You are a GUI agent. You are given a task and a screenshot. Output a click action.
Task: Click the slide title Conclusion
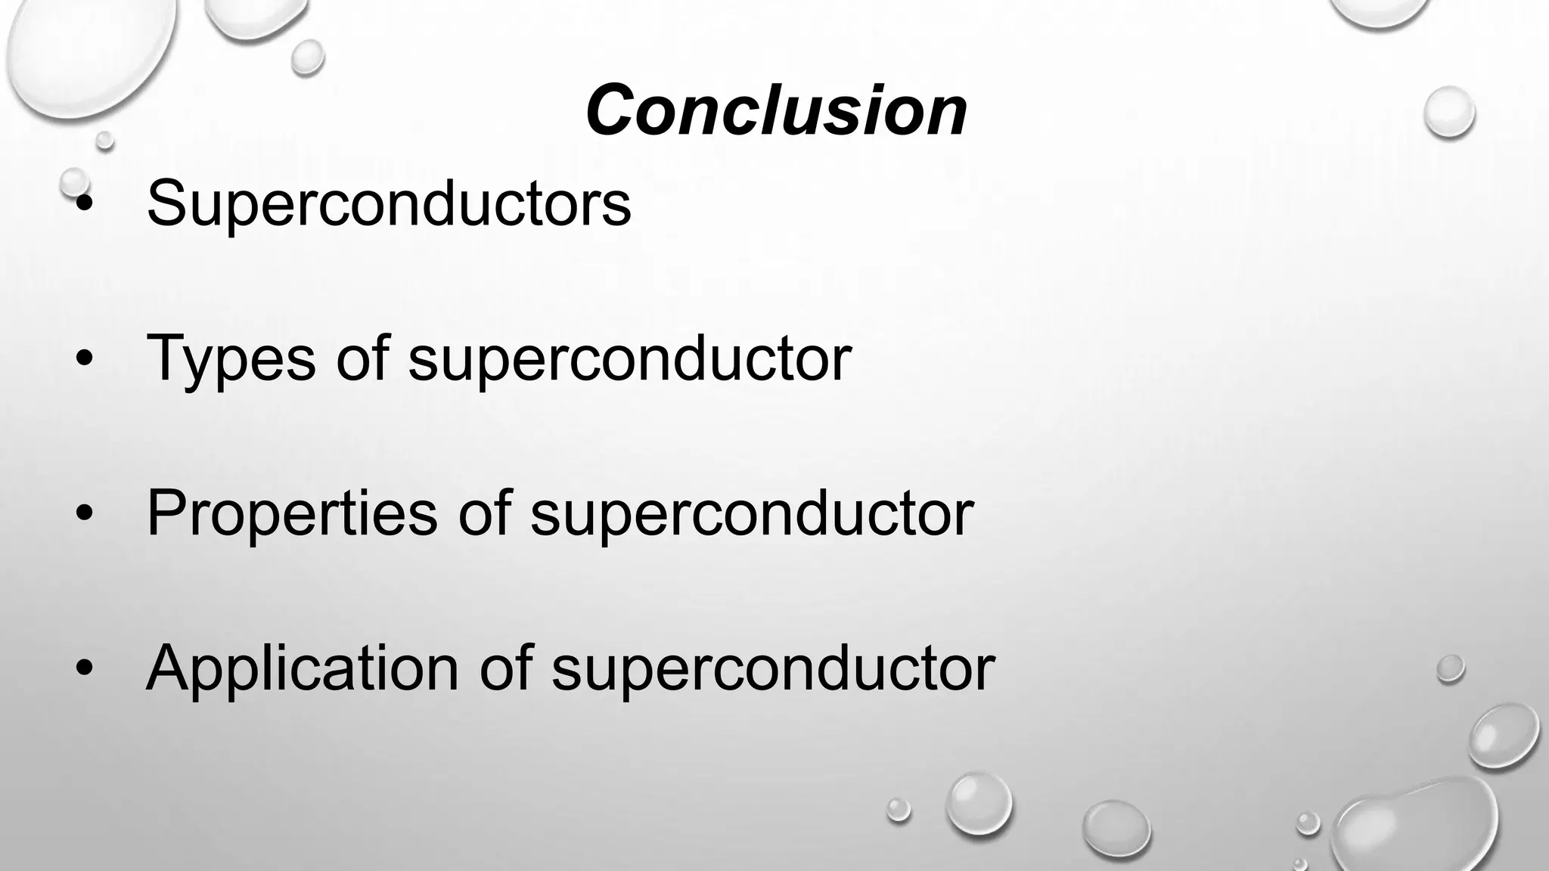click(776, 110)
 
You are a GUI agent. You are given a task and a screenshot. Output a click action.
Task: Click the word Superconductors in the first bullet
click(389, 203)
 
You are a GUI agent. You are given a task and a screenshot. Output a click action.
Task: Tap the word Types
click(231, 358)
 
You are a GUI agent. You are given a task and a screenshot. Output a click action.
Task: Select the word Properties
click(292, 514)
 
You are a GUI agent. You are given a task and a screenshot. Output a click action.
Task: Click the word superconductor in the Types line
click(629, 358)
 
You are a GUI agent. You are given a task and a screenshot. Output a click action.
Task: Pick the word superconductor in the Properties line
click(752, 514)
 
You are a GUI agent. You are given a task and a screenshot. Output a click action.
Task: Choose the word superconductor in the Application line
click(773, 669)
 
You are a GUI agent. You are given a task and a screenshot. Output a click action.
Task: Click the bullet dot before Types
click(85, 360)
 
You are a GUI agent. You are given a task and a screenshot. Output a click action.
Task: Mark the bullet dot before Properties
click(85, 515)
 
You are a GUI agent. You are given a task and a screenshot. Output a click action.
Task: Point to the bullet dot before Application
click(85, 670)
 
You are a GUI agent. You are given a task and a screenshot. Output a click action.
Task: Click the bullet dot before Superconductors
click(85, 204)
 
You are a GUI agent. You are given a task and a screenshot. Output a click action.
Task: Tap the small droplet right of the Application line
click(1450, 668)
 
